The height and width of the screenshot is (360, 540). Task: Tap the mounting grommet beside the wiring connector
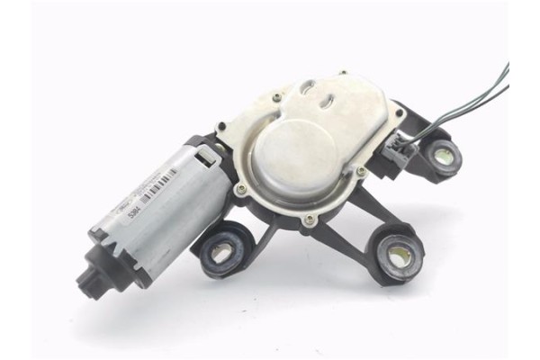443,155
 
